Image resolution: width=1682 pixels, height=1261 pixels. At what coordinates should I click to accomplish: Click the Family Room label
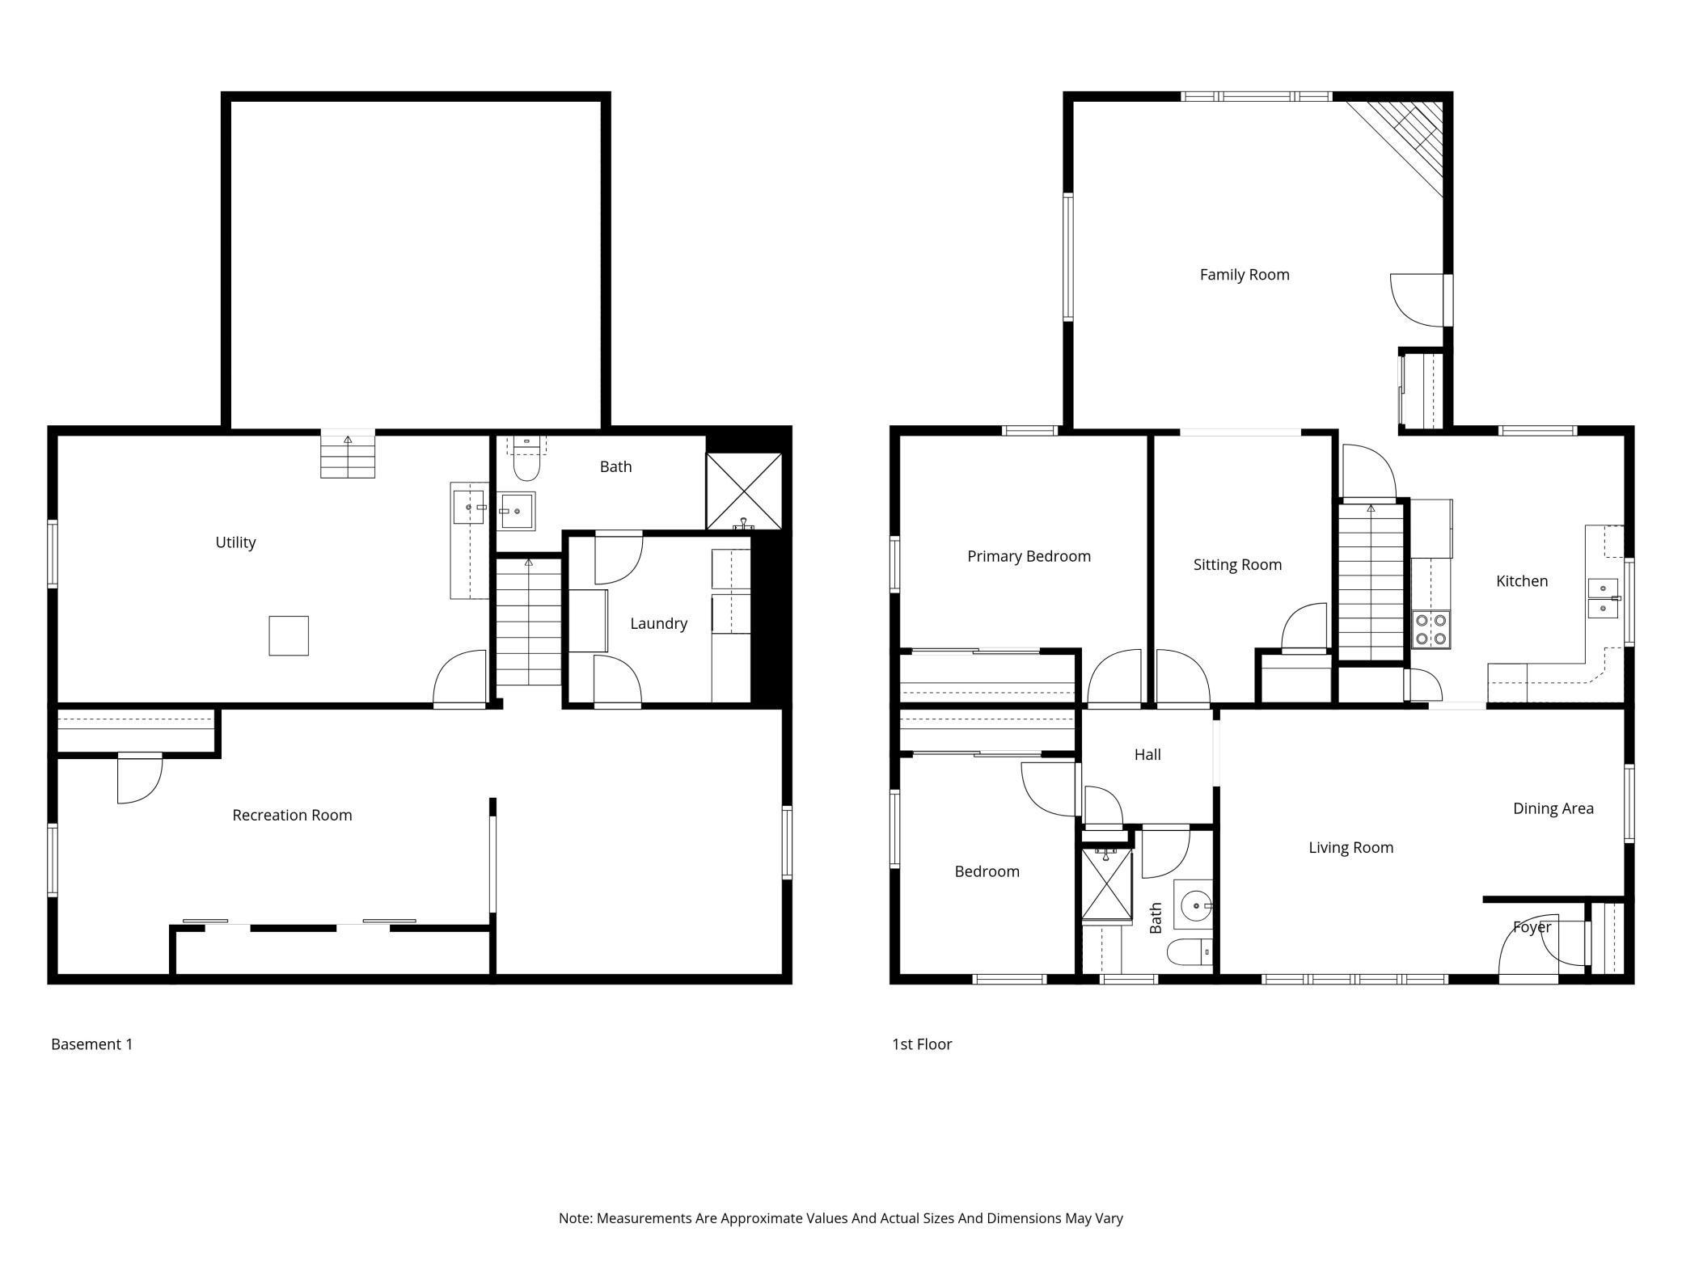[x=1244, y=275]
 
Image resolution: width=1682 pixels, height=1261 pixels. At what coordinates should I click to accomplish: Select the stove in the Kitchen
[x=1431, y=630]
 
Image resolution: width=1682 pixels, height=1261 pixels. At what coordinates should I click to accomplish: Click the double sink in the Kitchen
[x=1604, y=598]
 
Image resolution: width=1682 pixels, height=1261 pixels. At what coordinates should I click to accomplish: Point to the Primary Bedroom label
[x=1029, y=556]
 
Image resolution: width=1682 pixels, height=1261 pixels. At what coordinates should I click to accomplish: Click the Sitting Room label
[x=1237, y=565]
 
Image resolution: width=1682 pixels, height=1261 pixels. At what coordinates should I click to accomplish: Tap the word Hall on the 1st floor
[x=1147, y=755]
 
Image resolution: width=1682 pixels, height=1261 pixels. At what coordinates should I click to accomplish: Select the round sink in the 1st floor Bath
[x=1194, y=906]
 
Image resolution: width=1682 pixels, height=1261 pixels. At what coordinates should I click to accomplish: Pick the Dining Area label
[x=1553, y=808]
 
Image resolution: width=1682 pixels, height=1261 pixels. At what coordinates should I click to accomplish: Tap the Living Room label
[x=1351, y=848]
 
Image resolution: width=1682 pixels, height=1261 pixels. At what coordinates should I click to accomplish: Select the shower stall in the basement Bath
[x=744, y=491]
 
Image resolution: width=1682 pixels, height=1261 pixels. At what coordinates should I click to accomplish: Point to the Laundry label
[x=658, y=623]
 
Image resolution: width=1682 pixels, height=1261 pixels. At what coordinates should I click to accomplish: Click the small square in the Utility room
[x=289, y=635]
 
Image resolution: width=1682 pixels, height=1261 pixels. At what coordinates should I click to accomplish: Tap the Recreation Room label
[x=292, y=816]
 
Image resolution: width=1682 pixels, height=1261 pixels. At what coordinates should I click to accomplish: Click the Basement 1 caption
[x=91, y=1044]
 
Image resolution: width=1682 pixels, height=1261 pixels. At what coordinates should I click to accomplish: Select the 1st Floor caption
[x=922, y=1044]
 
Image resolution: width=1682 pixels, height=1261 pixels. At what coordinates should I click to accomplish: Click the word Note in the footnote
[x=575, y=1218]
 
